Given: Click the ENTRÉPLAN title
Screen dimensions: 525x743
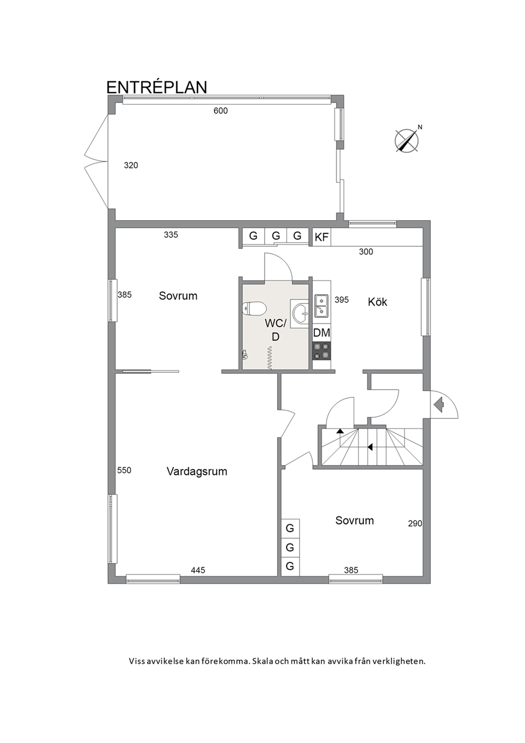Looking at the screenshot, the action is [157, 86].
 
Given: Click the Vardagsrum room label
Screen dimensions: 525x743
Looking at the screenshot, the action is [197, 471].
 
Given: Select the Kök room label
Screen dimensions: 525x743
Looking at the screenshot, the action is [377, 302].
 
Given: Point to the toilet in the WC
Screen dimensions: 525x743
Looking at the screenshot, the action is [255, 309].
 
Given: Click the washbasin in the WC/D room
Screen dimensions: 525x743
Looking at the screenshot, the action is [300, 314].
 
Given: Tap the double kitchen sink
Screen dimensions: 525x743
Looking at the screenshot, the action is [321, 306].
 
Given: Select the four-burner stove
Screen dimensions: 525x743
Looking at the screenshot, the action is [322, 351].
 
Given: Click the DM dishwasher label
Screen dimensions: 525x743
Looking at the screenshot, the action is [322, 333].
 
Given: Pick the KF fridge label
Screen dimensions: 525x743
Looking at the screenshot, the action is [321, 237].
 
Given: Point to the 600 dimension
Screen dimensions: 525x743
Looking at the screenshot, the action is [221, 111].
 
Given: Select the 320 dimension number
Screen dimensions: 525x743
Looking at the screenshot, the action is [131, 165].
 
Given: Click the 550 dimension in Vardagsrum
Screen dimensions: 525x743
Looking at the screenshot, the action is [124, 470].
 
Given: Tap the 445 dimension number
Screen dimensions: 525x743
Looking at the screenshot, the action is [198, 570].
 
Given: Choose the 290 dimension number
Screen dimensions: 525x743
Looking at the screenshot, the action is [415, 523].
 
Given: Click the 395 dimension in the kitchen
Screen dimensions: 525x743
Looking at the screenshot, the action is [342, 300].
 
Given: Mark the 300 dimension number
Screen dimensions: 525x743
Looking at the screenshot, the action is [366, 252].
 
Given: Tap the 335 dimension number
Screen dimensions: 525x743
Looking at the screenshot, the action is [171, 235].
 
